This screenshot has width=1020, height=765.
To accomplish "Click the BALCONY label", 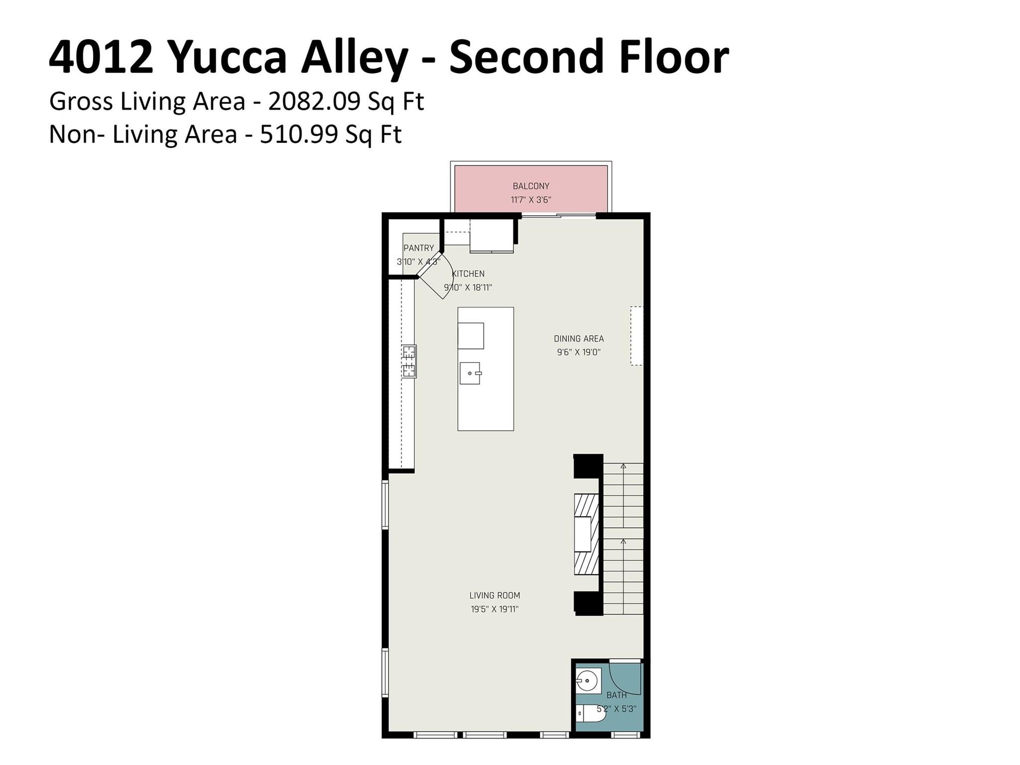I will pyautogui.click(x=531, y=186).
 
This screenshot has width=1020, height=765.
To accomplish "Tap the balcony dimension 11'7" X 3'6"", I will pyautogui.click(x=531, y=200).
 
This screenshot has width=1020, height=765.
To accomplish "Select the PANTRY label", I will pyautogui.click(x=418, y=248).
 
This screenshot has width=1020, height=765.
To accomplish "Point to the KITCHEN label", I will pyautogui.click(x=468, y=274).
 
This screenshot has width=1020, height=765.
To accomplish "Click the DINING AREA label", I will pyautogui.click(x=579, y=339).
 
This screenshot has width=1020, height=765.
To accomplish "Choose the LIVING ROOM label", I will pyautogui.click(x=495, y=595).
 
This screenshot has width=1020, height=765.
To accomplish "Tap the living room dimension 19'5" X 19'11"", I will pyautogui.click(x=495, y=609).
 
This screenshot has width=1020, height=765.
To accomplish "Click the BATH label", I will pyautogui.click(x=617, y=695).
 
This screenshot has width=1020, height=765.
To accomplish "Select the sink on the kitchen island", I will pyautogui.click(x=470, y=373).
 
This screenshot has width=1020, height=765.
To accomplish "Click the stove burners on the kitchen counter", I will pyautogui.click(x=409, y=362).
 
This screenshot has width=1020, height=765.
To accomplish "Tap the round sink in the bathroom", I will pyautogui.click(x=588, y=681).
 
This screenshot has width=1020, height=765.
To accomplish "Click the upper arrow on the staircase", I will pyautogui.click(x=623, y=466).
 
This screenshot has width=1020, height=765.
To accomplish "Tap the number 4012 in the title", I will pyautogui.click(x=101, y=57).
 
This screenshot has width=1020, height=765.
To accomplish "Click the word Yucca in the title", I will pyautogui.click(x=230, y=57).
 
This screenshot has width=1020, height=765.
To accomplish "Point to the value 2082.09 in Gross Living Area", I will pyautogui.click(x=314, y=102).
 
